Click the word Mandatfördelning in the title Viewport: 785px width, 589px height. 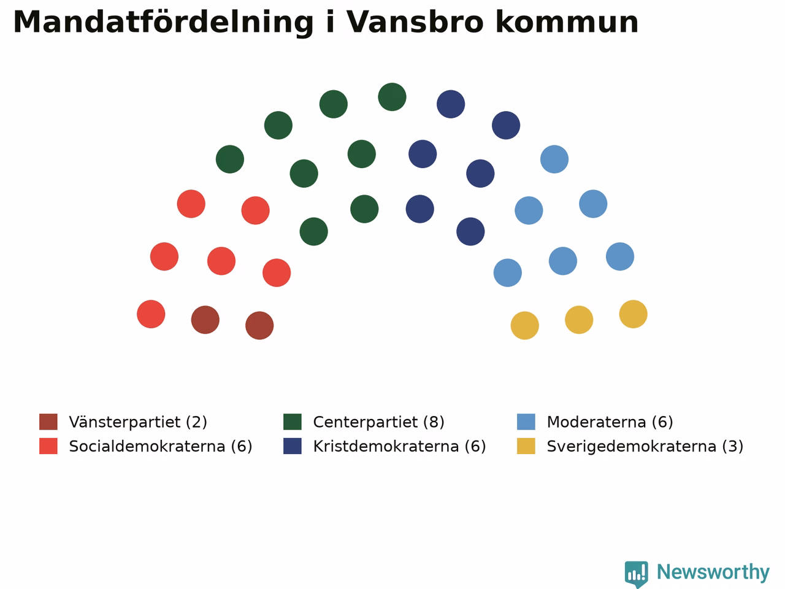click(x=163, y=23)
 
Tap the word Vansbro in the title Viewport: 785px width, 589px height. click(x=415, y=22)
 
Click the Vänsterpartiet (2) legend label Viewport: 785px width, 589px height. click(x=138, y=422)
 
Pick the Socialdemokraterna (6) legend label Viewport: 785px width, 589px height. click(x=161, y=446)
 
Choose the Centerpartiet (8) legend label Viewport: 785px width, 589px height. click(x=379, y=422)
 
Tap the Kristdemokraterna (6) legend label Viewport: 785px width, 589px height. click(x=399, y=446)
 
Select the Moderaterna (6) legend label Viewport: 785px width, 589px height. click(x=610, y=422)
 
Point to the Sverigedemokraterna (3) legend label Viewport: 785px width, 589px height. click(x=645, y=446)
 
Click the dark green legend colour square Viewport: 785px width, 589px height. click(x=293, y=422)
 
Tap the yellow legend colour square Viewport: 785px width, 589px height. click(x=526, y=446)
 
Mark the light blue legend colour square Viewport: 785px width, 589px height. click(x=526, y=422)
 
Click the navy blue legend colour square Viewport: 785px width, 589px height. click(x=293, y=446)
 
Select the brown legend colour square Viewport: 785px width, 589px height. click(x=48, y=422)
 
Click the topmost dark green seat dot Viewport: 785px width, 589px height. click(x=392, y=97)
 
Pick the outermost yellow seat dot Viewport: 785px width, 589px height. click(x=634, y=314)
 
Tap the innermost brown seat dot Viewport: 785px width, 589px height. click(x=259, y=325)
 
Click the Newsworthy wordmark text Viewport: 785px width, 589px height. click(x=713, y=572)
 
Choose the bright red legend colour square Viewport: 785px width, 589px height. click(x=48, y=446)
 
